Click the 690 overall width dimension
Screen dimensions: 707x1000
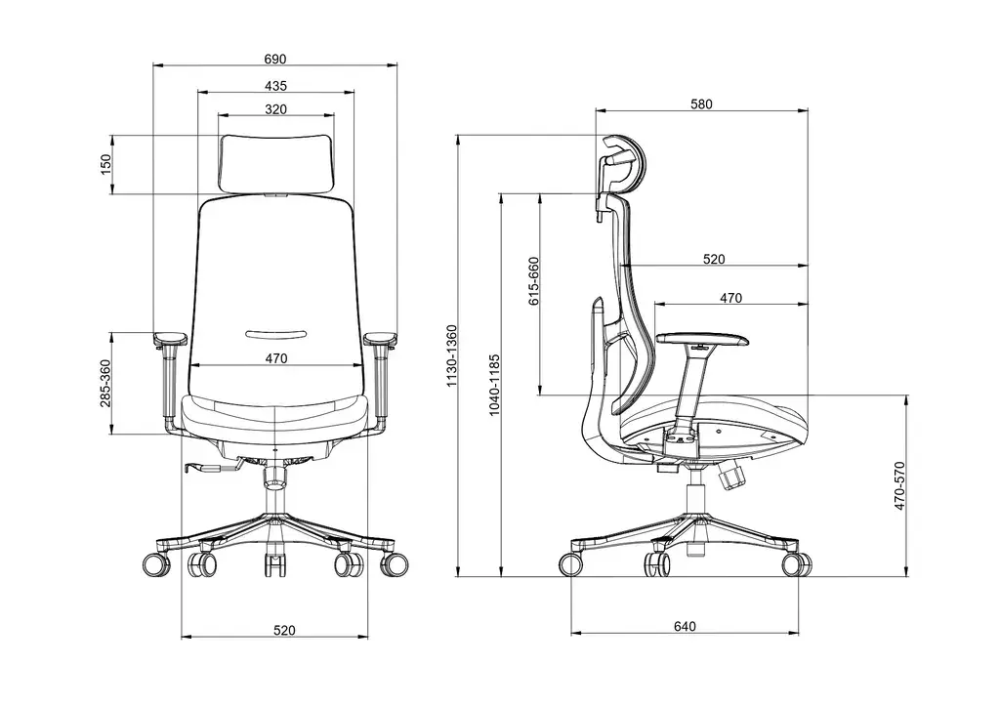(275, 60)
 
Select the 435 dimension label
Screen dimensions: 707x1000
(275, 86)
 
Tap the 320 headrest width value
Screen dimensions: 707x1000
(275, 108)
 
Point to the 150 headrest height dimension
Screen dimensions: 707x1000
(106, 164)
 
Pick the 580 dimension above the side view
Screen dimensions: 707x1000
(702, 104)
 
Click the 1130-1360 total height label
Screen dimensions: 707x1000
(450, 355)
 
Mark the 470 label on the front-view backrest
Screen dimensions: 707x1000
(275, 358)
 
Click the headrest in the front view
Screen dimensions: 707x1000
(275, 163)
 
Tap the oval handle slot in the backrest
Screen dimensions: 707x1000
(275, 333)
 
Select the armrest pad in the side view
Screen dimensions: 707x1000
(703, 340)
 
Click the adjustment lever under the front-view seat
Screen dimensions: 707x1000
(208, 469)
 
